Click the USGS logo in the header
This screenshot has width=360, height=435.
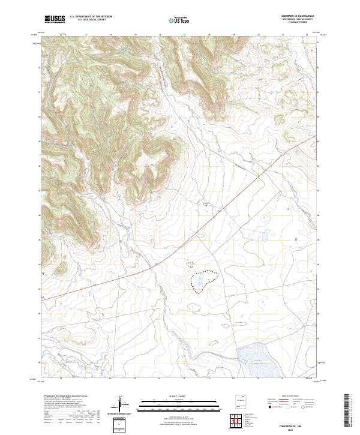tap(55, 19)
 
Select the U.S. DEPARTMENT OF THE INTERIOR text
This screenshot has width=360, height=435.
tap(91, 17)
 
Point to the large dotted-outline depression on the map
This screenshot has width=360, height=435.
tap(203, 280)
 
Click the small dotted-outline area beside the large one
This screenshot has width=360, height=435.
tap(190, 264)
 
